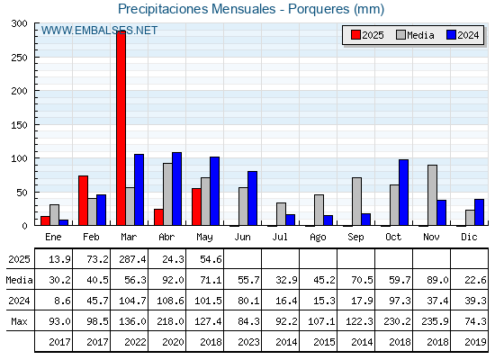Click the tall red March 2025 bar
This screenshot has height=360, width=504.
121,128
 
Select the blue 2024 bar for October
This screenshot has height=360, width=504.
403,193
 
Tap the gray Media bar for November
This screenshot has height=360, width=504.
432,195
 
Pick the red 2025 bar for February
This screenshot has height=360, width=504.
83,201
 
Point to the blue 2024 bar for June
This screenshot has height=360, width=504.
252,198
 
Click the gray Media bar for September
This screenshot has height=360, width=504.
356,202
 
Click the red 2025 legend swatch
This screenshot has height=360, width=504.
355,35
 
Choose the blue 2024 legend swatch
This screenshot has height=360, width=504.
451,35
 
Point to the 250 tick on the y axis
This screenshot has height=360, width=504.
36,58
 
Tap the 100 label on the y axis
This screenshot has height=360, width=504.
19,158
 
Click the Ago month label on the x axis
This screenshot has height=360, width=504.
318,238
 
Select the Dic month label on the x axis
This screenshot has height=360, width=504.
469,237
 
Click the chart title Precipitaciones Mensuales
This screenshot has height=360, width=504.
197,9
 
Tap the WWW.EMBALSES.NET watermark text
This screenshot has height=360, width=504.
99,31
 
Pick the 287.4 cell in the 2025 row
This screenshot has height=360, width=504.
132,259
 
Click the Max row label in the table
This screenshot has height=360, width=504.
19,321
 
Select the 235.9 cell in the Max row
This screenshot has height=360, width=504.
435,321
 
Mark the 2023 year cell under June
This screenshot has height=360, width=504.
248,342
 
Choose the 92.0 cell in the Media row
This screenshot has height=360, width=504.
173,280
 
